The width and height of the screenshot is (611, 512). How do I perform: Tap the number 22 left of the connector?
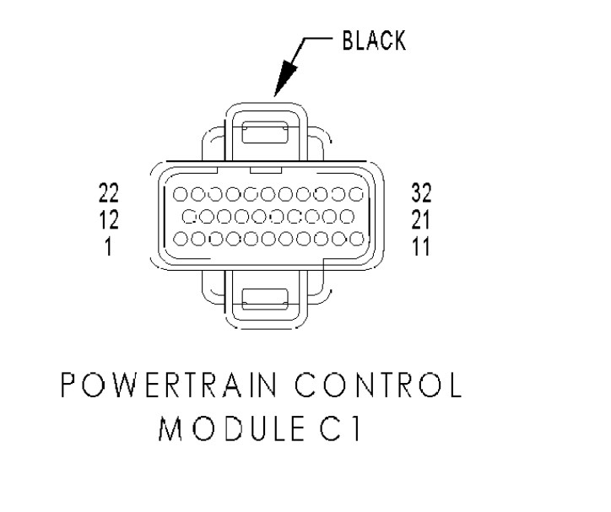point(109,193)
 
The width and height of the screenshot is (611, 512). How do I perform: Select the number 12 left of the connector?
point(109,218)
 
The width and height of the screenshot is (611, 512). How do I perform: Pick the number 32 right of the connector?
point(420,193)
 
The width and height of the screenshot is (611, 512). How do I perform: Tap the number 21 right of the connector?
point(419,218)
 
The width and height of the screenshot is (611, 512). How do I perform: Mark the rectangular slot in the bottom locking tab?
point(265,297)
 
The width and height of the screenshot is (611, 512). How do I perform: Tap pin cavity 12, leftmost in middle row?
point(188,216)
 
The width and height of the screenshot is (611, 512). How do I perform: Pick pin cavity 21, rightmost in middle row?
point(348,216)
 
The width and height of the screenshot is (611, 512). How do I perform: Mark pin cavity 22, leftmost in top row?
point(181,194)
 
